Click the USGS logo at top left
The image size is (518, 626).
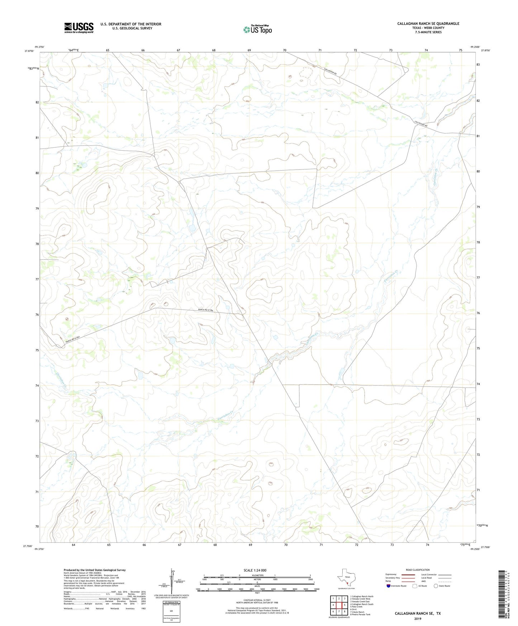pyautogui.click(x=79, y=28)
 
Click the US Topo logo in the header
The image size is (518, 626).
pyautogui.click(x=257, y=29)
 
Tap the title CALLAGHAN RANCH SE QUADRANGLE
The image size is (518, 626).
pyautogui.click(x=428, y=24)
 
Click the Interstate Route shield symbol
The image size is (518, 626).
pyautogui.click(x=389, y=586)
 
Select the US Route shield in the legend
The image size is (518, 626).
pyautogui.click(x=415, y=586)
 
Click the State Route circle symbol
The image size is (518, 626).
pyautogui.click(x=436, y=586)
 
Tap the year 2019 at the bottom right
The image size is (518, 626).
pyautogui.click(x=418, y=618)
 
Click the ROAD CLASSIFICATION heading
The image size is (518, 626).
pyautogui.click(x=418, y=570)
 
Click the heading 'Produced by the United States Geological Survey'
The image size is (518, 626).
pyautogui.click(x=95, y=570)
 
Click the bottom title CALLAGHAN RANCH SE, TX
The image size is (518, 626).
pyautogui.click(x=418, y=613)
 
